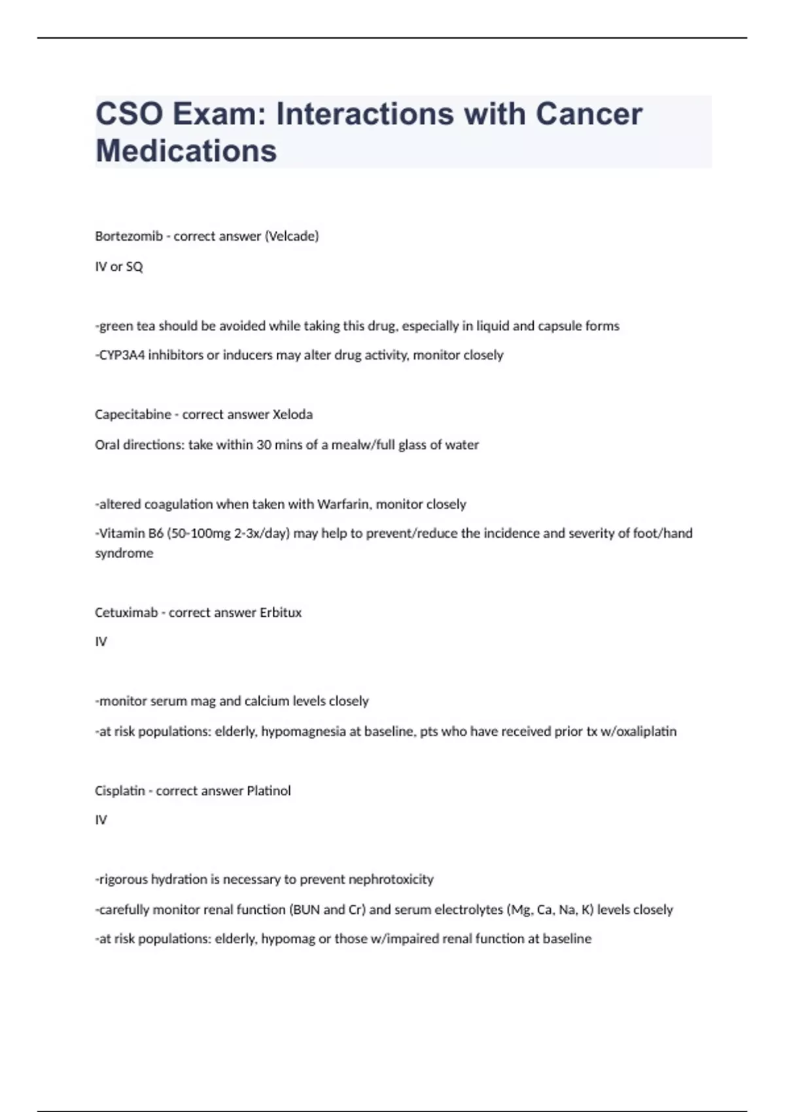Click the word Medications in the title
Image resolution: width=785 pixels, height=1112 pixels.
click(x=186, y=150)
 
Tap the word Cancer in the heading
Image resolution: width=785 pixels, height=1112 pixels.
click(x=589, y=114)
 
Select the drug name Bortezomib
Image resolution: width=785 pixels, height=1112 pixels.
click(x=129, y=236)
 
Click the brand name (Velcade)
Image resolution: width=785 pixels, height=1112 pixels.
click(x=291, y=236)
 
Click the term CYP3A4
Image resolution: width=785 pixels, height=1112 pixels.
click(x=120, y=355)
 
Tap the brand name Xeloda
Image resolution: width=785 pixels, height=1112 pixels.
click(x=292, y=415)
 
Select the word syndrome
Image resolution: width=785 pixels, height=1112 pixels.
click(x=124, y=553)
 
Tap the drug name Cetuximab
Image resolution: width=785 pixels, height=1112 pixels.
click(x=126, y=613)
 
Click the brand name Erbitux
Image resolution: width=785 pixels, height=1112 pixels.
click(x=281, y=613)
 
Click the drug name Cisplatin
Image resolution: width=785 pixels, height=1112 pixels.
click(x=120, y=791)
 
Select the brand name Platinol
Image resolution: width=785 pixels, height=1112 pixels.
click(x=268, y=791)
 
